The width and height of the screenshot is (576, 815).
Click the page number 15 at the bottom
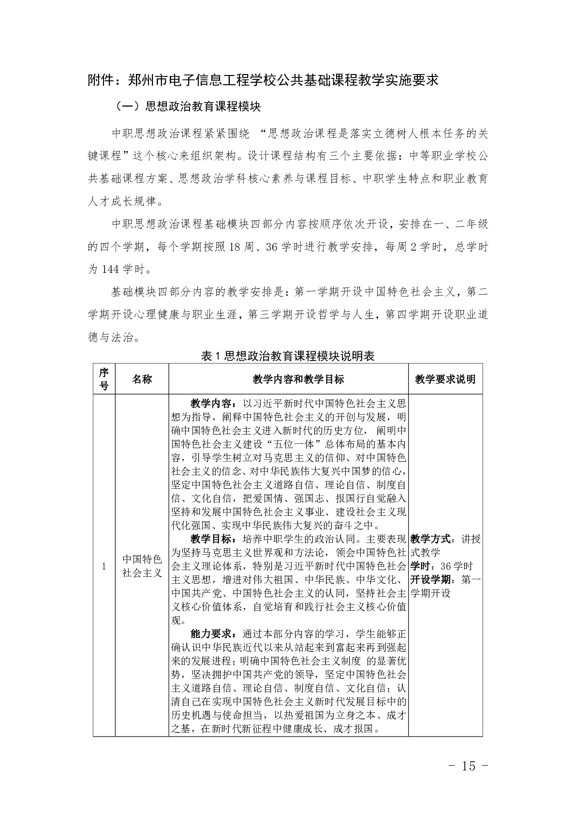pos(469,766)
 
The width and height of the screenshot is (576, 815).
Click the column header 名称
pos(142,379)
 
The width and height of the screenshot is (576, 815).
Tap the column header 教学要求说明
pos(445,379)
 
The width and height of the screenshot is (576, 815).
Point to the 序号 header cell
pos(104,379)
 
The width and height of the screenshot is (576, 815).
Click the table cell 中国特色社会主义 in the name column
pos(142,566)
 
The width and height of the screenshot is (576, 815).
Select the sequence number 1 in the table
pos(104,567)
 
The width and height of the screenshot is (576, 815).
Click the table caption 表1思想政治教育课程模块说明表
pos(288,356)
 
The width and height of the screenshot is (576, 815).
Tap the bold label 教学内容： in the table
pos(213,404)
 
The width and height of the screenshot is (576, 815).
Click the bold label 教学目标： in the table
pos(213,539)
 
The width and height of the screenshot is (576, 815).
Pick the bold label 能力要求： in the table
pos(213,634)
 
